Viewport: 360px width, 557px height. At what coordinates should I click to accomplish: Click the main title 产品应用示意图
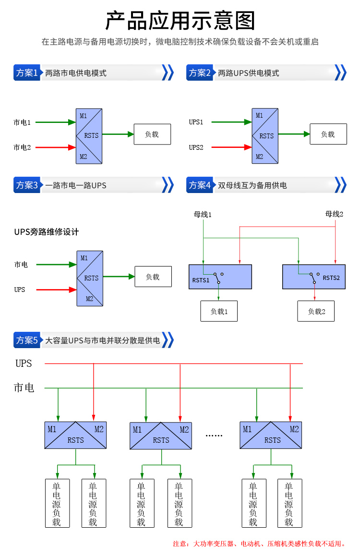(x=180, y=20)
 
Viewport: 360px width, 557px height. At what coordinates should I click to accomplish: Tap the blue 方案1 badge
(x=27, y=73)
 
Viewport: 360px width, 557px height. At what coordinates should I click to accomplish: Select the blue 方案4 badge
(x=200, y=185)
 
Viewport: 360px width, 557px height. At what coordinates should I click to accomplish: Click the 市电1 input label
(x=22, y=122)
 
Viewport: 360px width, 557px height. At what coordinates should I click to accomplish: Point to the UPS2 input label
(x=196, y=147)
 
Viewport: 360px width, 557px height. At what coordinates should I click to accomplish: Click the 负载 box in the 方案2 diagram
(x=328, y=134)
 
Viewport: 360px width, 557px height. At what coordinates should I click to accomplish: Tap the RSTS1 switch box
(x=220, y=277)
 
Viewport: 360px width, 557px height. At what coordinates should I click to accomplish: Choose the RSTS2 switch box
(x=314, y=277)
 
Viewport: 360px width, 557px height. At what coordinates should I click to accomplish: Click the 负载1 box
(x=219, y=311)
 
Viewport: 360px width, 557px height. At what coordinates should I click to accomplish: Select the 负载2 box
(x=316, y=311)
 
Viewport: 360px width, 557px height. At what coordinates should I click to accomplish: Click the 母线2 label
(x=334, y=214)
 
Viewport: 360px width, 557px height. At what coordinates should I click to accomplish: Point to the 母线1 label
(x=203, y=214)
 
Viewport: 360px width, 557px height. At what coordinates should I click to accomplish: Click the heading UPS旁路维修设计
(x=47, y=232)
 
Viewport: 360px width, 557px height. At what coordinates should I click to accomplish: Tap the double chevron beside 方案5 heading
(x=168, y=340)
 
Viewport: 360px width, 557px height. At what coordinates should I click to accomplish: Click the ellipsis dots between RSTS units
(x=214, y=436)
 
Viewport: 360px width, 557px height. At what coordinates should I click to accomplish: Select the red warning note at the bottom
(x=259, y=544)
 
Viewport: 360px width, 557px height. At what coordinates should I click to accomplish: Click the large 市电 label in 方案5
(x=24, y=387)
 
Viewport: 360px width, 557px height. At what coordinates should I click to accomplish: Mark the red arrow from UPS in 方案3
(x=57, y=290)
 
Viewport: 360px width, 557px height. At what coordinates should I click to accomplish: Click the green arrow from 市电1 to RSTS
(x=56, y=122)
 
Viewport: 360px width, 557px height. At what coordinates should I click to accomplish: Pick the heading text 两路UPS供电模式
(x=249, y=73)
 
